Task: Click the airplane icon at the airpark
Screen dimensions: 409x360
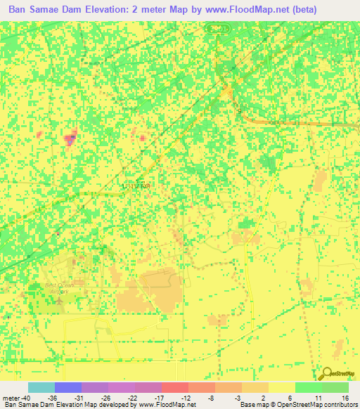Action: pos(58,299)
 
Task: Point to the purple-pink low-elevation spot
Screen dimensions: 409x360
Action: pos(70,139)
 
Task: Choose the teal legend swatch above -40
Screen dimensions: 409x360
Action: pos(41,387)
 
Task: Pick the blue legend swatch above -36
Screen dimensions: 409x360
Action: pos(68,387)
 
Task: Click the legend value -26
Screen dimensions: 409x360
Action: pos(105,397)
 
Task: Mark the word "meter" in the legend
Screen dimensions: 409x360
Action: pos(11,397)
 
